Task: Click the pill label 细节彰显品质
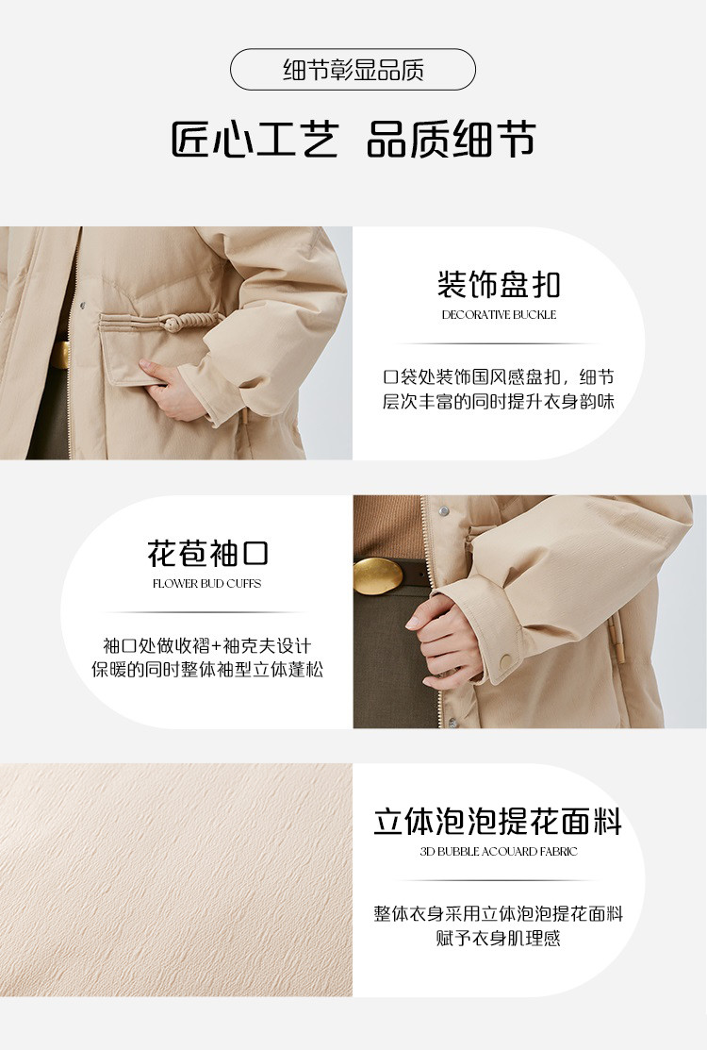pos(353,70)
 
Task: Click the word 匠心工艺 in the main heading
pos(255,140)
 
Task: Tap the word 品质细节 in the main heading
pos(451,140)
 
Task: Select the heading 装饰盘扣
pos(499,284)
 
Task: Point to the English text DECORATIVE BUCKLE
pos(499,315)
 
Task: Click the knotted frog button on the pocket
pos(173,325)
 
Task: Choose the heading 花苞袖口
pos(207,553)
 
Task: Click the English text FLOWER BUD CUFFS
pos(206,584)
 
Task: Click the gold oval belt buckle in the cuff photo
pos(378,575)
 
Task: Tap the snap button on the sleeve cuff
pos(505,661)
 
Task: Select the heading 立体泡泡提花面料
pos(498,822)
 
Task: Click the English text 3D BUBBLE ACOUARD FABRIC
pos(499,852)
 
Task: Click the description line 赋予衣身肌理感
pos(499,938)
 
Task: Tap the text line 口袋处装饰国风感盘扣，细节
pos(499,377)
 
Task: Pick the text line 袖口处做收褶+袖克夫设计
pos(206,645)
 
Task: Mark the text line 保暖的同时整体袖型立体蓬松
pos(207,669)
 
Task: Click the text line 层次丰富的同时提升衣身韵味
pos(499,401)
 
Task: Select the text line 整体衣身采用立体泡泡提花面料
pos(499,913)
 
